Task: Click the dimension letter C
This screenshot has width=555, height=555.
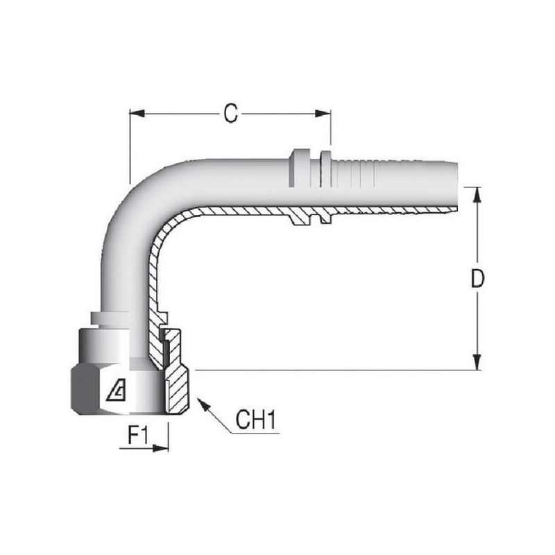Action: coord(231,114)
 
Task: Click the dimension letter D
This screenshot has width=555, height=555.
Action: coord(477,278)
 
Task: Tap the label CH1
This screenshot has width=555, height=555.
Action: coord(255,420)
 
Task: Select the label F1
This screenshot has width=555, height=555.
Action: coord(137,435)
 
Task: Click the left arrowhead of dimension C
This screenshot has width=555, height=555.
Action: coord(137,114)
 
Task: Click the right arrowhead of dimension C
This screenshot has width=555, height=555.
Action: coord(323,114)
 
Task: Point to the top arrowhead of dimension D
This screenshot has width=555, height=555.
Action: coord(477,195)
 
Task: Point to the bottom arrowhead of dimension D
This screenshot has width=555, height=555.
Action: coord(477,362)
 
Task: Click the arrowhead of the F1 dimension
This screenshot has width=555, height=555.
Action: coord(161,448)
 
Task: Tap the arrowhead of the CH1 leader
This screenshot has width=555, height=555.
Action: coord(203,404)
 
